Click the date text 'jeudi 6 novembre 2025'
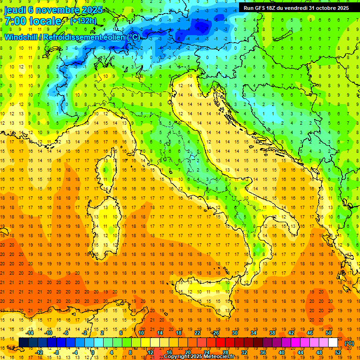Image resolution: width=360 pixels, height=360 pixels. (x=49, y=9)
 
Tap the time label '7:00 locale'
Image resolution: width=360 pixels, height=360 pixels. (x=32, y=21)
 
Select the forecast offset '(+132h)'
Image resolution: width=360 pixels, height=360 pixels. (x=83, y=21)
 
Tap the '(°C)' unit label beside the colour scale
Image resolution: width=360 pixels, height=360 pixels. (x=349, y=343)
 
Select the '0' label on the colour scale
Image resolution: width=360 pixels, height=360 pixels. (x=93, y=352)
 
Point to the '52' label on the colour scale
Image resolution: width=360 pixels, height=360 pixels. (x=338, y=352)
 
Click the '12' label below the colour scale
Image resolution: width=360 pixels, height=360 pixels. (x=150, y=352)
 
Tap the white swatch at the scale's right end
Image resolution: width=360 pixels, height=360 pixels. (x=333, y=343)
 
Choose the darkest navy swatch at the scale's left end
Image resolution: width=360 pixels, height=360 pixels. (x=23, y=343)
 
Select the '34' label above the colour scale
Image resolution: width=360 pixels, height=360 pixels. (x=254, y=333)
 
